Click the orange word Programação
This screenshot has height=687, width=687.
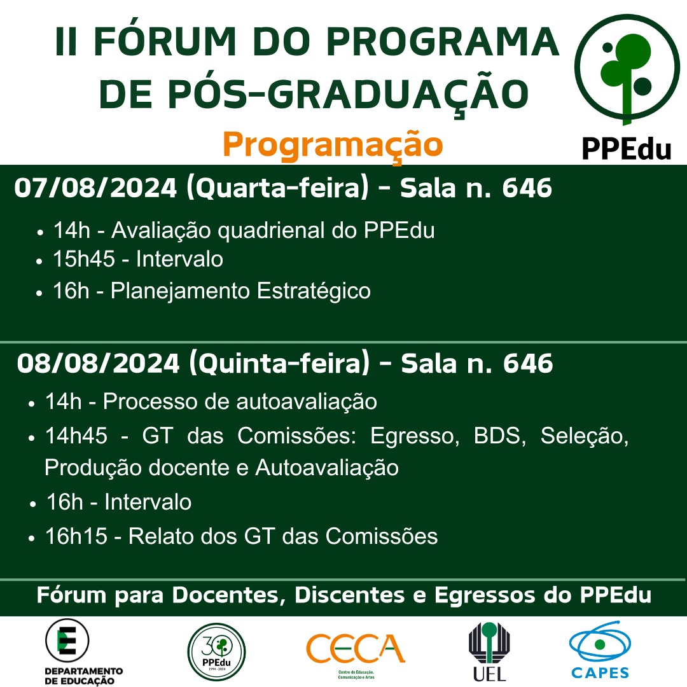point(333,146)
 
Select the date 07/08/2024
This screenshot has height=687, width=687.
point(95,188)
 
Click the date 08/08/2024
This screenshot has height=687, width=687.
point(98,364)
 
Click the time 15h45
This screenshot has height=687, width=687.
point(84,258)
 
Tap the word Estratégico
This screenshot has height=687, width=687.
point(314,291)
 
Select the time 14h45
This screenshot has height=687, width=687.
point(76,436)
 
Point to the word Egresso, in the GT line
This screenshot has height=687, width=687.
point(415,436)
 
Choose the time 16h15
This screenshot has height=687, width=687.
point(76,536)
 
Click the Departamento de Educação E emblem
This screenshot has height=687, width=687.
point(67,640)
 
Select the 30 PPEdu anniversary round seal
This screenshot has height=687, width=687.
point(216,651)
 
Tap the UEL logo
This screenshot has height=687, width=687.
point(489,651)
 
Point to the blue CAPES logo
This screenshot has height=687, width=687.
point(600,649)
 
